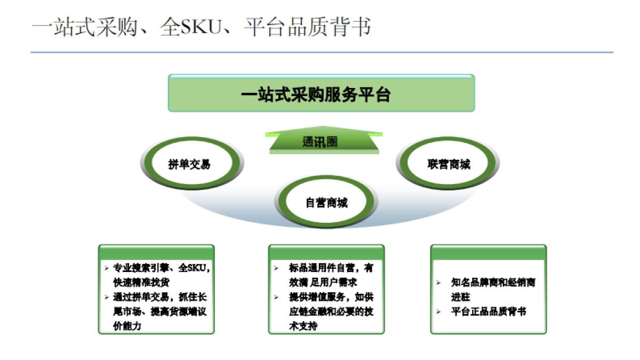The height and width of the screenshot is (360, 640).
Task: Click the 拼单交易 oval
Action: (x=189, y=164)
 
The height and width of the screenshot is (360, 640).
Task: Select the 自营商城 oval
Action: (x=326, y=203)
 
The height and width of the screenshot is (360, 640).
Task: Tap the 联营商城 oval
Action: (x=449, y=164)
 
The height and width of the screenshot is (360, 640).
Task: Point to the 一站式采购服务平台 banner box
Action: (x=321, y=93)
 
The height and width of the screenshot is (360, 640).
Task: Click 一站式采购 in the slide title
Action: (x=85, y=27)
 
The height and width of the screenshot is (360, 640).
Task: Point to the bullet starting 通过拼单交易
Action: (x=160, y=297)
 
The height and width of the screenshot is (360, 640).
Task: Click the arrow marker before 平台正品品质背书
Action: (x=438, y=311)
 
